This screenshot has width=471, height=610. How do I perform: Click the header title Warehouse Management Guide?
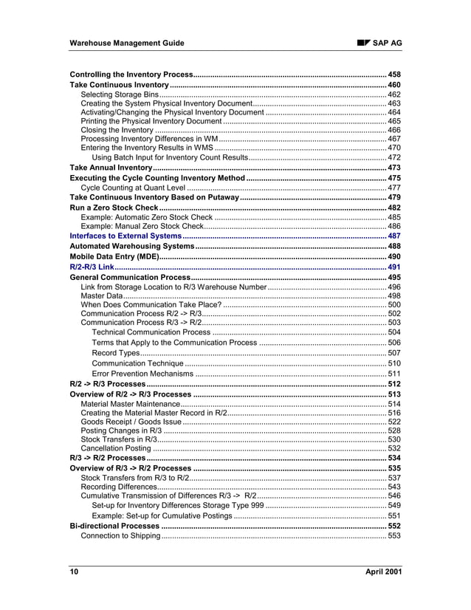point(126,44)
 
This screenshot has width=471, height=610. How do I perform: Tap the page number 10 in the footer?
point(74,572)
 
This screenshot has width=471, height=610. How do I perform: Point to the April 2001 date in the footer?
point(383,572)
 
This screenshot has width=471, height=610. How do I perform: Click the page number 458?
point(394,75)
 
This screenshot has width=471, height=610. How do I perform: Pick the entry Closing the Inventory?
point(117,130)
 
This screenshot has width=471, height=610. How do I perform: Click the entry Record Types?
point(116,353)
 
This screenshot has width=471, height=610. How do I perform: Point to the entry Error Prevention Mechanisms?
point(142,374)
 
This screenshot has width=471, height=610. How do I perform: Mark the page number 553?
point(394,535)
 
